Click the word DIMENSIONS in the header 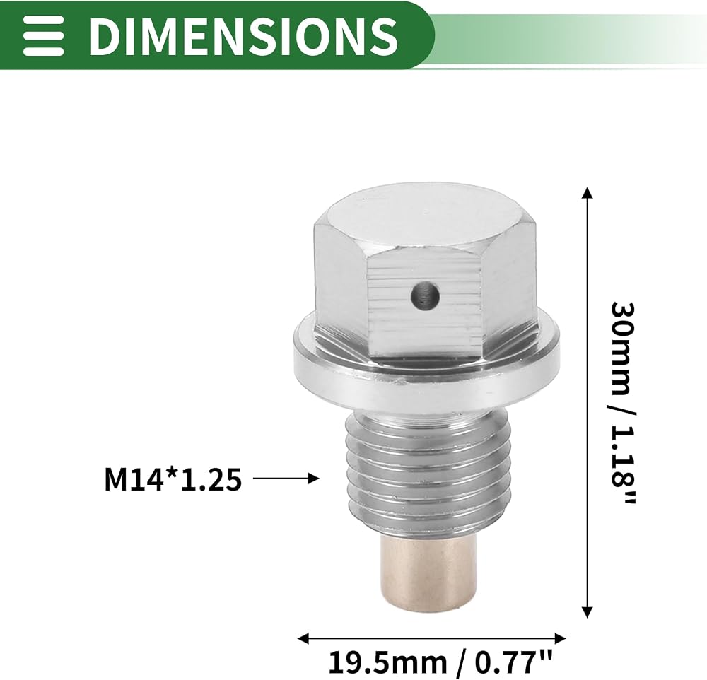tap(243, 35)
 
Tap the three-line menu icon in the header tap(44, 35)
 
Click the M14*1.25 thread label tap(173, 479)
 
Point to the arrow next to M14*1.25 tap(286, 478)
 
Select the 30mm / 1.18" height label tap(623, 403)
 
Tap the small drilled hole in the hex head tap(426, 298)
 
